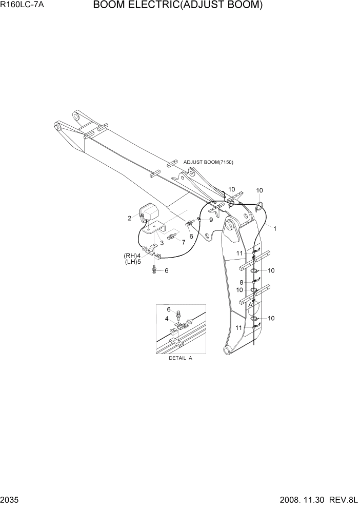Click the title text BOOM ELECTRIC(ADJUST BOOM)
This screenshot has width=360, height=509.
tap(177, 6)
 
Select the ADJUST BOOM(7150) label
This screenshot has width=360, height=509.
tap(208, 162)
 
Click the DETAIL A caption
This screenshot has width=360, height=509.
tap(180, 358)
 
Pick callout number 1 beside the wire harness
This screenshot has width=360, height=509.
tap(275, 229)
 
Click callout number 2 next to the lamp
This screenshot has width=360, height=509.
tap(130, 218)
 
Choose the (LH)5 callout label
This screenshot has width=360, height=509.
tap(132, 262)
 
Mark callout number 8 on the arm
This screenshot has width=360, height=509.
tap(241, 282)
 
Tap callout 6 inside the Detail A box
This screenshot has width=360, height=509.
tap(168, 309)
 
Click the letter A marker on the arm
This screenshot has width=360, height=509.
tap(250, 304)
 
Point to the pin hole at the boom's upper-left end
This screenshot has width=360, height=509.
tap(77, 117)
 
